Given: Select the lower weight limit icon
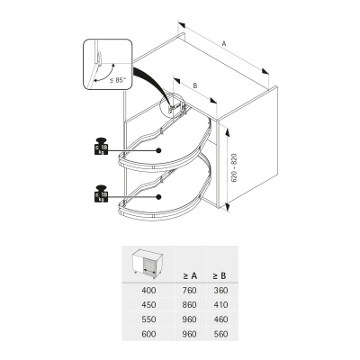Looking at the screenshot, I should tap(99, 194).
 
